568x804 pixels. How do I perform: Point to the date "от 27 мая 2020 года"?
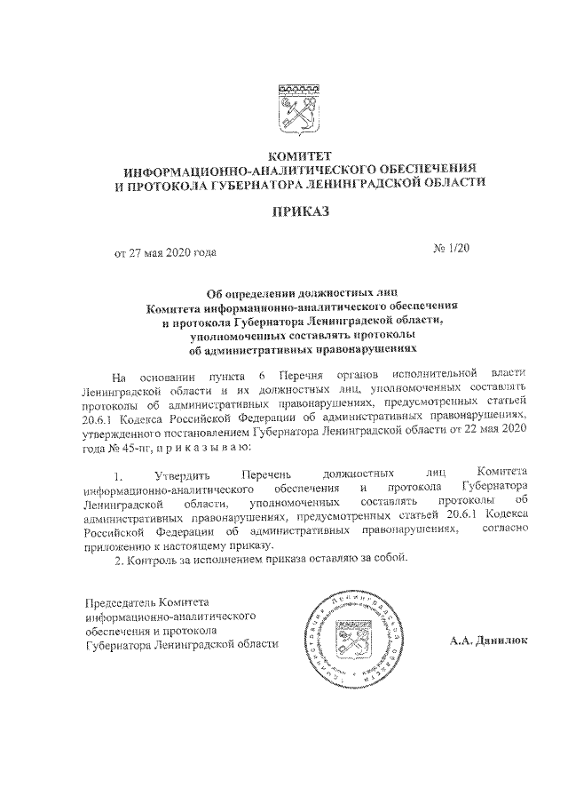[x=165, y=253]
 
